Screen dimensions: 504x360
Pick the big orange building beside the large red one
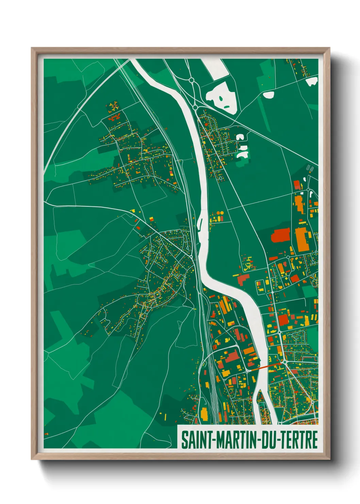pos(302,239)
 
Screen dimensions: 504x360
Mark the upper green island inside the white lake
pos(222,98)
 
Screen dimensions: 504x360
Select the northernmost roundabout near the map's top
pos(192,80)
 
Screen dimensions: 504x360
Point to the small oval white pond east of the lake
pos(268,95)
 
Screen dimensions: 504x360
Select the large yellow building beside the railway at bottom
pos(204,413)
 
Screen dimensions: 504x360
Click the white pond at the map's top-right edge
pos(311,81)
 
